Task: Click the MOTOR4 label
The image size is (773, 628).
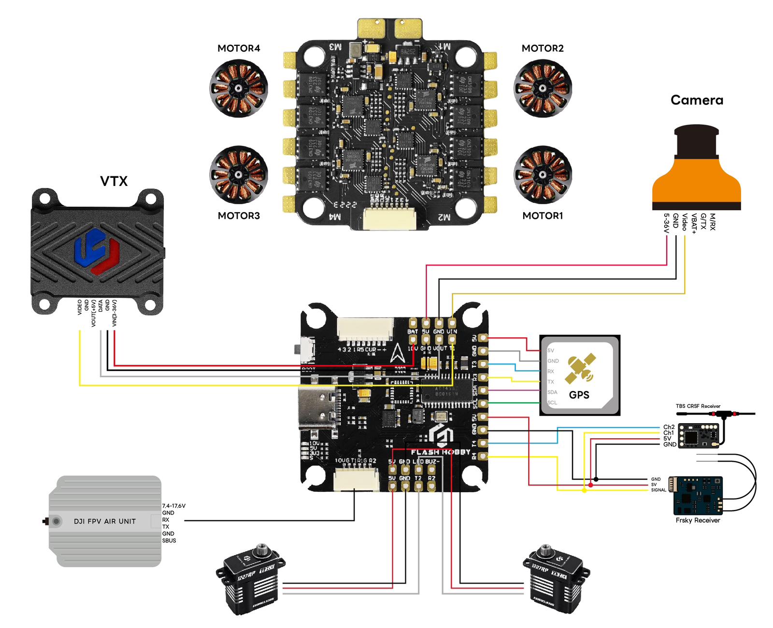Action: pyautogui.click(x=239, y=48)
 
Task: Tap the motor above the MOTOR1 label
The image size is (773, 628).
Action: pyautogui.click(x=543, y=174)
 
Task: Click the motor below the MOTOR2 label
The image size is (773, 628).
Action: pyautogui.click(x=543, y=88)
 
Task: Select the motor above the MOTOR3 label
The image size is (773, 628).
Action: pyautogui.click(x=239, y=174)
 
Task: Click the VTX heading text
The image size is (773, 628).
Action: pyautogui.click(x=114, y=181)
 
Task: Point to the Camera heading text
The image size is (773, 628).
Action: pyautogui.click(x=697, y=100)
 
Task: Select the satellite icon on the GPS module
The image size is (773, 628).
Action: pyautogui.click(x=582, y=369)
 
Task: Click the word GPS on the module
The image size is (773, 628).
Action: pyautogui.click(x=579, y=395)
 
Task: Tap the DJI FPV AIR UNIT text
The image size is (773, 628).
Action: pyautogui.click(x=105, y=521)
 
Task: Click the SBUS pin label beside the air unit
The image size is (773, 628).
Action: pyautogui.click(x=169, y=541)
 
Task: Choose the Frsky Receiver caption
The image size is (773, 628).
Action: pyautogui.click(x=698, y=520)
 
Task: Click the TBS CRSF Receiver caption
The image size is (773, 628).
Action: pyautogui.click(x=698, y=406)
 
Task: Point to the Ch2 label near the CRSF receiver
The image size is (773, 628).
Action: pyautogui.click(x=669, y=427)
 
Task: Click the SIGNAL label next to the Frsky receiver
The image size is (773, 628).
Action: pyautogui.click(x=658, y=490)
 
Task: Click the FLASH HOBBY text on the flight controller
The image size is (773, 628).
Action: pyautogui.click(x=440, y=452)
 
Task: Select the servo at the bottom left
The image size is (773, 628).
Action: pyautogui.click(x=250, y=580)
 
